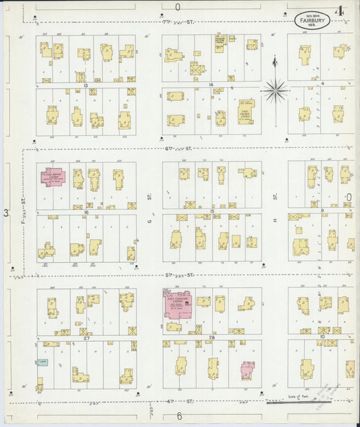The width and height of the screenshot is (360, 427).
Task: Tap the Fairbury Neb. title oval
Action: click(308, 20)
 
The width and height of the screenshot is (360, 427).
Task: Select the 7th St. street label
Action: click(178, 23)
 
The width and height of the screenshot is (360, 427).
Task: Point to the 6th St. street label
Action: click(178, 149)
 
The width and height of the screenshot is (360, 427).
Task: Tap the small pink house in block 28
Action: click(247, 369)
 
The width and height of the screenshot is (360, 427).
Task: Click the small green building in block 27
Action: click(43, 362)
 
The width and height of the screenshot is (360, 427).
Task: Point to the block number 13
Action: click(86, 84)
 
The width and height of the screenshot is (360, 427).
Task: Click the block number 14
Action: click(211, 84)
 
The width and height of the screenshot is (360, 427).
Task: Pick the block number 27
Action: click(86, 337)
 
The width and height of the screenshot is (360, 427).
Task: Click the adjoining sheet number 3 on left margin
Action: click(6, 214)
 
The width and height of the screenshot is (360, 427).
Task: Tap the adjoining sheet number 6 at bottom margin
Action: click(179, 416)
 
